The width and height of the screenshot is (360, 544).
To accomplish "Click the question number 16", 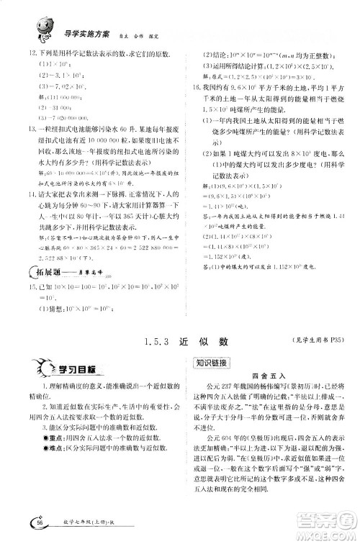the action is point(189,84).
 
